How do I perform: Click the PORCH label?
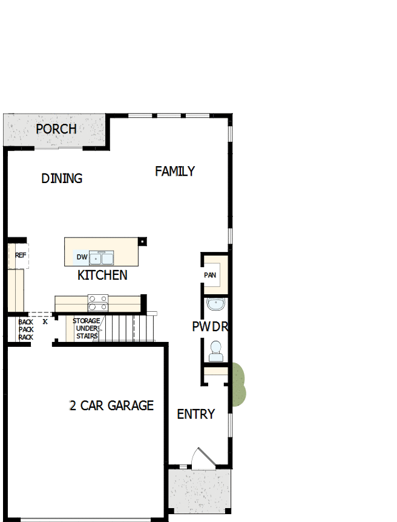pyautogui.click(x=56, y=129)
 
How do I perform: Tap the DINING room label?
pyautogui.click(x=62, y=178)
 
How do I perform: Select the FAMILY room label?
pyautogui.click(x=175, y=171)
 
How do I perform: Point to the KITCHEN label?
pyautogui.click(x=102, y=275)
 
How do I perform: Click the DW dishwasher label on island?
pyautogui.click(x=82, y=257)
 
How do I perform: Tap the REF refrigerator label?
pyautogui.click(x=21, y=256)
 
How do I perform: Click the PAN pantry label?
pyautogui.click(x=210, y=275)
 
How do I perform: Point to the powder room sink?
pyautogui.click(x=215, y=304)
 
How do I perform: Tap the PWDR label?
pyautogui.click(x=209, y=327)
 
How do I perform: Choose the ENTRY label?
pyautogui.click(x=195, y=414)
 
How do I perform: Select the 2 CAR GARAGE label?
pyautogui.click(x=111, y=405)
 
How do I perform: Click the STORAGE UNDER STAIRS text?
pyautogui.click(x=86, y=328)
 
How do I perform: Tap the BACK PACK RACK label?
pyautogui.click(x=25, y=330)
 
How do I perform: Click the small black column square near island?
pyautogui.click(x=142, y=241)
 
